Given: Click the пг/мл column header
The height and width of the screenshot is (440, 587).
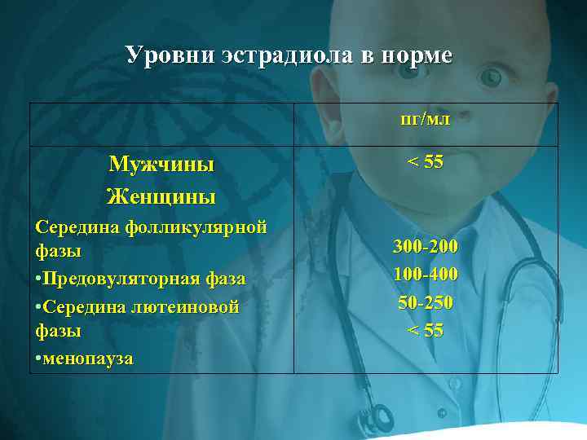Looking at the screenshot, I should (x=426, y=121).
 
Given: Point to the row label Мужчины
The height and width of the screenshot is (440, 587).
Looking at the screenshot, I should (x=161, y=164).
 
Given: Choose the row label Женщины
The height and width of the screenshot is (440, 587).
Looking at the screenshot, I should (x=161, y=196).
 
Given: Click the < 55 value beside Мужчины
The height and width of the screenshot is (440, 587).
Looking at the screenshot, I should (x=426, y=162).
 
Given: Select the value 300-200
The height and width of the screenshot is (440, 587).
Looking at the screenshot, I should (x=426, y=246).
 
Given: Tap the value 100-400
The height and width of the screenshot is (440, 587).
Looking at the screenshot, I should (x=426, y=274).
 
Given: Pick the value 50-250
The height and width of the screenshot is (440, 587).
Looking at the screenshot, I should (x=426, y=302).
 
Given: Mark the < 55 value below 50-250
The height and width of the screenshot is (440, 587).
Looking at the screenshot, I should (x=426, y=330).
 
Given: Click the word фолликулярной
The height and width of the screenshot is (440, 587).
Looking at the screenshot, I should (x=196, y=227).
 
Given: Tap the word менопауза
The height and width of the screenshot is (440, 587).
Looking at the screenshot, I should (x=88, y=358).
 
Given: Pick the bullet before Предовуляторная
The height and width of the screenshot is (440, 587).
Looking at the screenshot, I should (x=38, y=279).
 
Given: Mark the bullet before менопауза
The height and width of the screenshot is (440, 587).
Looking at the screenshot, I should (x=38, y=358).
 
